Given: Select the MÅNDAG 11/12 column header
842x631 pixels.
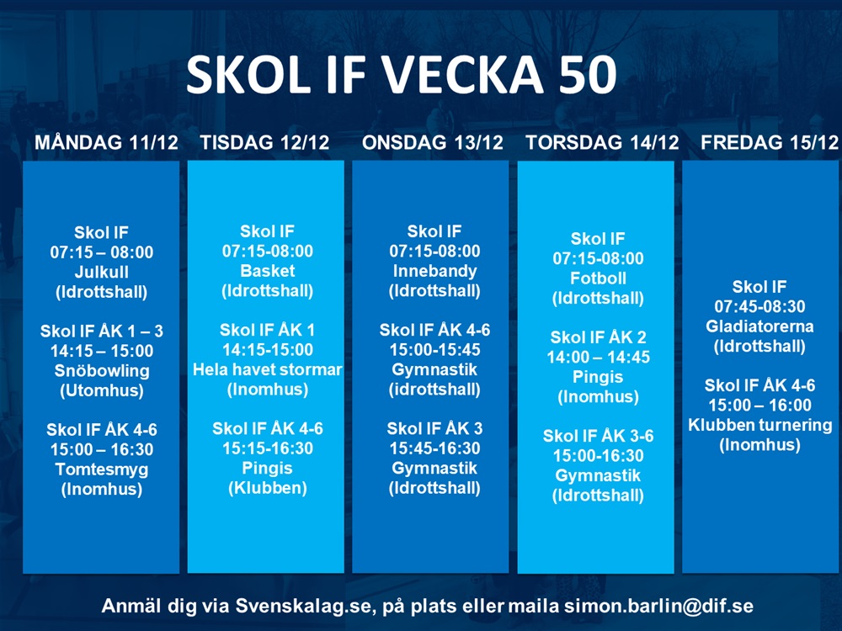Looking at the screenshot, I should click(x=106, y=142).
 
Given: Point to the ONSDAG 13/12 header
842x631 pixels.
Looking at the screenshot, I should click(x=433, y=142).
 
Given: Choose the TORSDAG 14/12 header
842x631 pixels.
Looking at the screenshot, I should click(x=602, y=142).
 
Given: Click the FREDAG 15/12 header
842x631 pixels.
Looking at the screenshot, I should click(x=770, y=142).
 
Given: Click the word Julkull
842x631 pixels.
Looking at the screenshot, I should click(x=101, y=273).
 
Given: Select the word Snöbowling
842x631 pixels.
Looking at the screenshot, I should click(x=101, y=371).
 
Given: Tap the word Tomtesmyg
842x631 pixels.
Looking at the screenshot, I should click(x=101, y=469).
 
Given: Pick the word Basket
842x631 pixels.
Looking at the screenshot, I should click(x=268, y=271).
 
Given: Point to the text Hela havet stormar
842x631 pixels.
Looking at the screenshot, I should click(x=268, y=369).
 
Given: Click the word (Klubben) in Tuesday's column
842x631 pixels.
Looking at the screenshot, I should click(x=268, y=488).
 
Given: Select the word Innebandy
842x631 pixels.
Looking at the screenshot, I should click(x=434, y=271).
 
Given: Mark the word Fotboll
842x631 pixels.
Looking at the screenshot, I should click(x=598, y=278).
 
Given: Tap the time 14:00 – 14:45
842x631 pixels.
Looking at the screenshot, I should click(x=598, y=358).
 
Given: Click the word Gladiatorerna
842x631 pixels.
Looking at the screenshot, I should click(x=759, y=326).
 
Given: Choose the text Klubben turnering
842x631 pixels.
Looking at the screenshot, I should click(x=759, y=425).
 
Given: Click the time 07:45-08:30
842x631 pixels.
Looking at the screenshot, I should click(x=759, y=307).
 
